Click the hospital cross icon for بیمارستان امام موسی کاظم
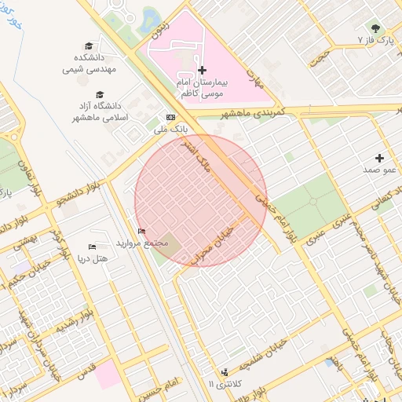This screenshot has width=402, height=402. [x=202, y=71]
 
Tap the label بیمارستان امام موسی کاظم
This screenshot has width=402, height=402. [x=201, y=87]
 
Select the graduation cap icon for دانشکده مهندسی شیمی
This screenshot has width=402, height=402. [x=89, y=46]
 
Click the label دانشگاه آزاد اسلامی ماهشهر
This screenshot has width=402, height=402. [x=100, y=111]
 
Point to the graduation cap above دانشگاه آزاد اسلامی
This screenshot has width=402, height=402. [x=100, y=95]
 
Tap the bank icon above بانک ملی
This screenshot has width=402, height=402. [x=170, y=117]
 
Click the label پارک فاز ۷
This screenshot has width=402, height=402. [x=373, y=38]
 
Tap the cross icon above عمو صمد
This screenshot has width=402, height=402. [x=381, y=158]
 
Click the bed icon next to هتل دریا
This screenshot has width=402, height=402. [x=93, y=247]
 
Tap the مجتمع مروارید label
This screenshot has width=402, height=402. [x=142, y=243]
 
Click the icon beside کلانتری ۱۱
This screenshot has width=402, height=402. [x=225, y=371]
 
